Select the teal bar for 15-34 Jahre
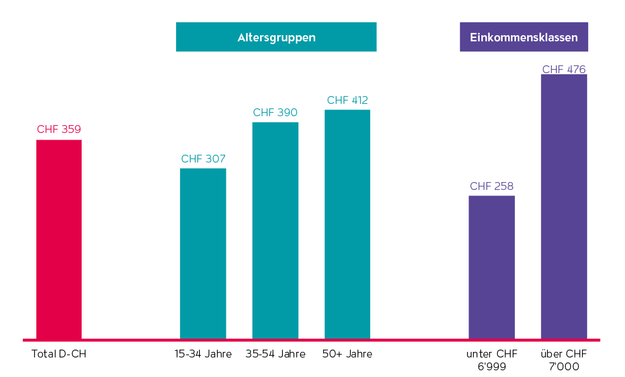[x=203, y=254]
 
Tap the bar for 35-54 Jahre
[x=275, y=230]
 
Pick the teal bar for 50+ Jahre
[x=347, y=224]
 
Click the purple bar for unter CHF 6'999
[x=491, y=267]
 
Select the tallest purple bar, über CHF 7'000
[x=564, y=206]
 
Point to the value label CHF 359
[x=59, y=130]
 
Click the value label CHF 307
[x=203, y=159]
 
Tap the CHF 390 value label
[x=275, y=112]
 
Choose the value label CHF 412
[x=347, y=101]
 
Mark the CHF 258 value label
[x=491, y=186]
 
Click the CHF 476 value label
[x=564, y=70]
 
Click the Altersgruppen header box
[x=276, y=37]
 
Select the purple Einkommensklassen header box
[x=524, y=37]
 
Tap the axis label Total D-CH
[x=59, y=354]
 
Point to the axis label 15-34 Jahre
[x=203, y=354]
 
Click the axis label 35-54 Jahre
[x=275, y=354]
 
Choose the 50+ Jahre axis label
[x=347, y=354]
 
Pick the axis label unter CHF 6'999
[x=491, y=360]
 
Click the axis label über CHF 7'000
[x=564, y=360]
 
